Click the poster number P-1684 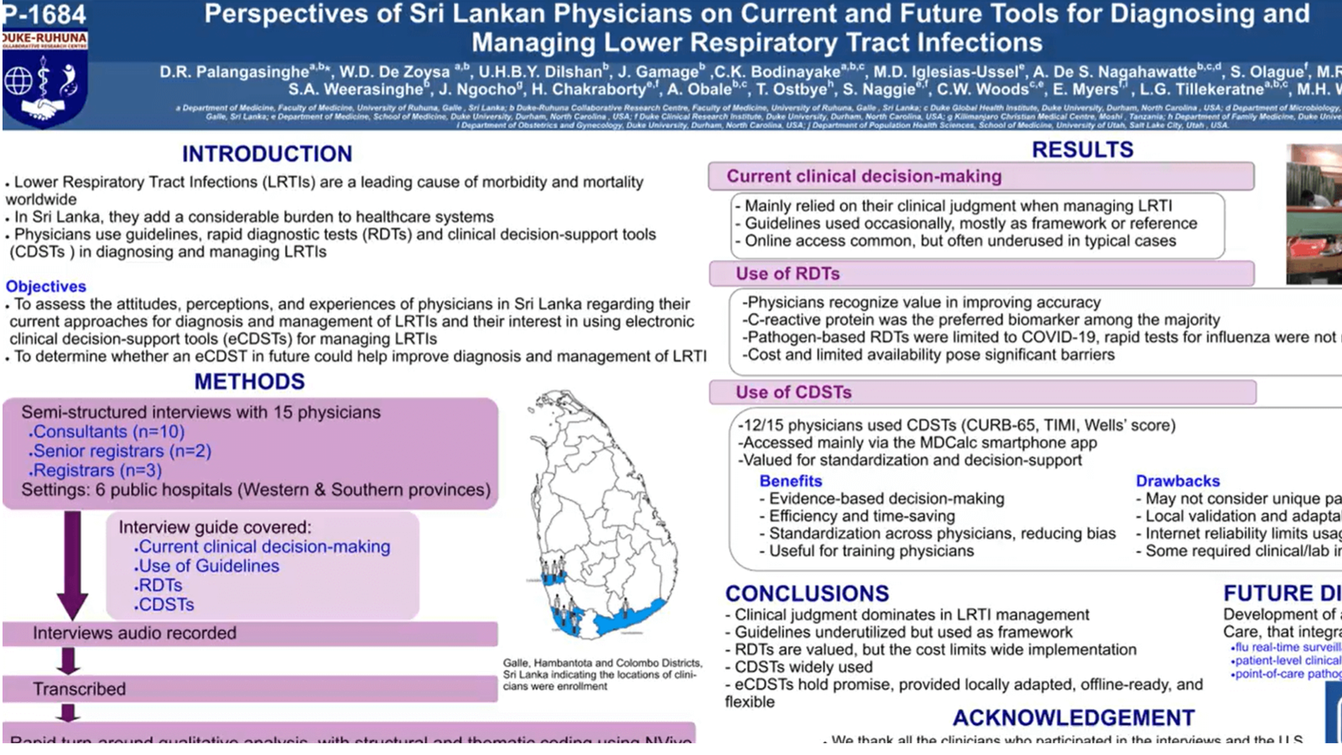tap(44, 14)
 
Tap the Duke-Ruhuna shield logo tap(44, 84)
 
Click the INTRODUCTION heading tap(267, 154)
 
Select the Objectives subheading tap(46, 286)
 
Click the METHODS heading tap(249, 382)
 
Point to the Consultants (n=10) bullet tap(107, 432)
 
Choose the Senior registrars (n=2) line tap(120, 451)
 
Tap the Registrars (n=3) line tap(96, 471)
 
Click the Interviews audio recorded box tap(249, 633)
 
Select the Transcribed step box tap(249, 689)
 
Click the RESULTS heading tap(1082, 150)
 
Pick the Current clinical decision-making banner tap(980, 176)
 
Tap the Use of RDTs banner tap(980, 273)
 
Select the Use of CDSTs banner tap(982, 392)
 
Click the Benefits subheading tap(790, 481)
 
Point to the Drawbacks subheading tap(1178, 481)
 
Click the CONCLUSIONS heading tap(807, 593)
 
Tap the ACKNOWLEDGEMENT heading tap(1073, 718)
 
